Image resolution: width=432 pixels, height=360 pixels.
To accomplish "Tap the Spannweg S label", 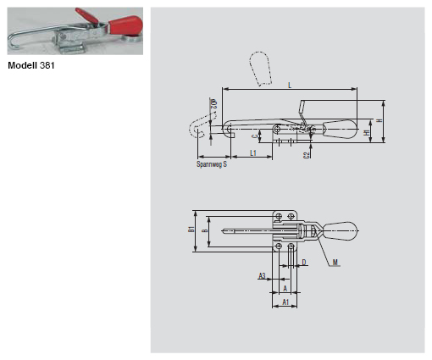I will pyautogui.click(x=211, y=164).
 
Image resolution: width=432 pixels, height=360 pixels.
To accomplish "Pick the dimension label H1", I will pyautogui.click(x=367, y=133).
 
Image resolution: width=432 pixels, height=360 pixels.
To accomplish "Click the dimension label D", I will pyautogui.click(x=304, y=263).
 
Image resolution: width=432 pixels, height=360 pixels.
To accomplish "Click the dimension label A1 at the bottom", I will pyautogui.click(x=285, y=301).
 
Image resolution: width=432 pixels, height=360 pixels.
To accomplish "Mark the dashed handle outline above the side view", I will pyautogui.click(x=260, y=68).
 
